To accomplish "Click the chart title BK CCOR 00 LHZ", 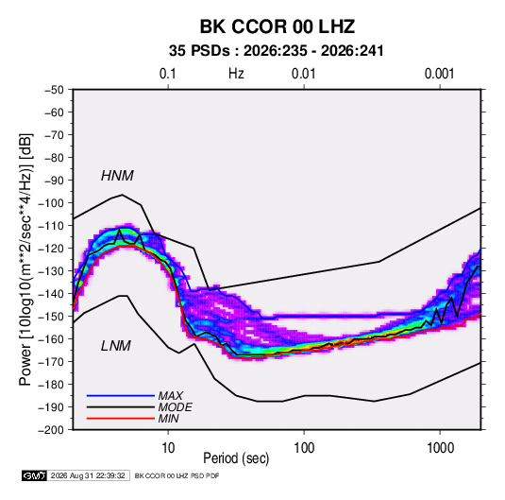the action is click(x=278, y=26).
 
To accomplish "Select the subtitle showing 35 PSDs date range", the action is click(x=277, y=51).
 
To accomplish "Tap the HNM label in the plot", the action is click(x=117, y=176).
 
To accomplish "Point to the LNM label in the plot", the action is click(x=116, y=346).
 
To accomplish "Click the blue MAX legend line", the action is click(x=121, y=396).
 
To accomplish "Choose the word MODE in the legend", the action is click(x=176, y=407).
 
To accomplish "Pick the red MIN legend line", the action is click(x=121, y=419).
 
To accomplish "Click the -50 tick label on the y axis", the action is click(x=54, y=90).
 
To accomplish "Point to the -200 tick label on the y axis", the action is click(x=51, y=430).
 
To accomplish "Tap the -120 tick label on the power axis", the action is click(x=51, y=249).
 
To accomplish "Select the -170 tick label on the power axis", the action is click(x=51, y=362).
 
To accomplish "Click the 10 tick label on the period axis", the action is click(x=168, y=448).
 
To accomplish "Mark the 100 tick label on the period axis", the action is click(x=304, y=448).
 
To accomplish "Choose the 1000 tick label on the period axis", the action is click(x=440, y=448).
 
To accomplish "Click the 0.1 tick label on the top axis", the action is click(x=168, y=74).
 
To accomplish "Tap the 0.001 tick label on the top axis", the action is click(x=439, y=74).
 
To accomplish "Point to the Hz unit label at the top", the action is click(x=236, y=74).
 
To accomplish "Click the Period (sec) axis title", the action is click(x=236, y=458).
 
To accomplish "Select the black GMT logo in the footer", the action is click(x=34, y=475).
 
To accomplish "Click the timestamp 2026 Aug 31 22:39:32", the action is click(x=88, y=475).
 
